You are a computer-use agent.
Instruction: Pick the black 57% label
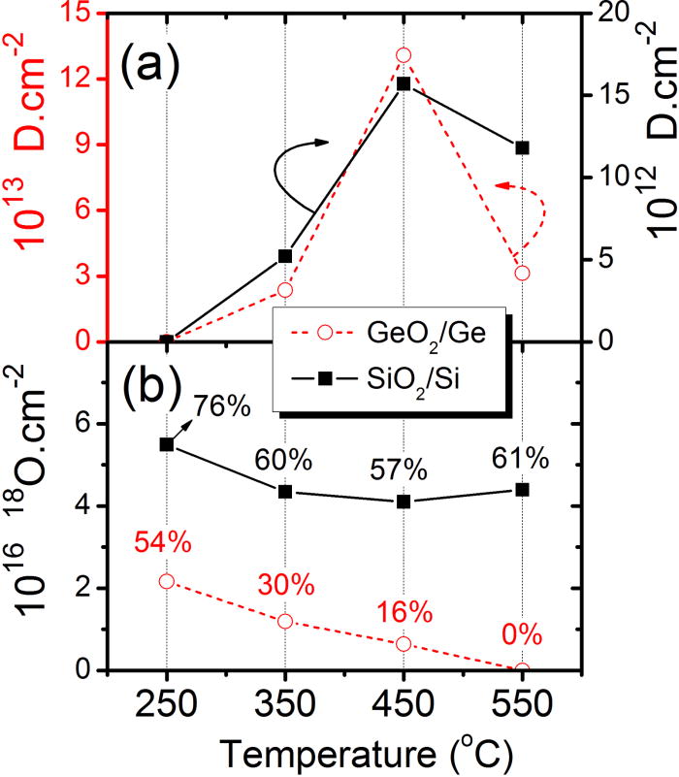400,470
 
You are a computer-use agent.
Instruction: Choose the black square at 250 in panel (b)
167,444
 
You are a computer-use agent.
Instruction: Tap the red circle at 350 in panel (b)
285,621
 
